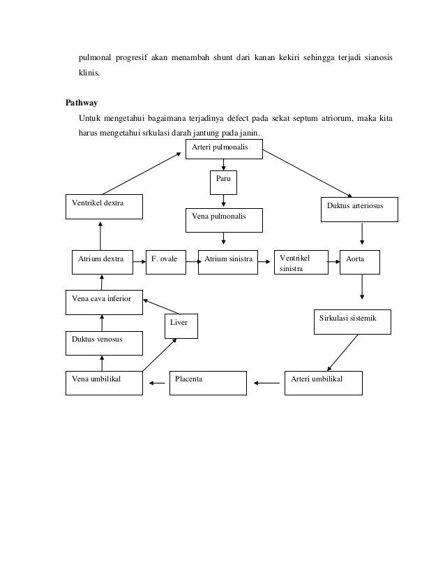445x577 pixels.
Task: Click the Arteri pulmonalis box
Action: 223,148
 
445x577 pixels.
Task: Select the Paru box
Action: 222,183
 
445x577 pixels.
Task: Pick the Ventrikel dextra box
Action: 104,207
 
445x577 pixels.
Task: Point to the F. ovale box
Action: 167,261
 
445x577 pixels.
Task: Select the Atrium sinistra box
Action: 227,261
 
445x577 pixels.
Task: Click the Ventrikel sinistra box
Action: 301,262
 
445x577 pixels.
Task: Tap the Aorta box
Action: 361,261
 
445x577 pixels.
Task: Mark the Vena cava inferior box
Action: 104,301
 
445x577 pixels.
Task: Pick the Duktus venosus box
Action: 104,342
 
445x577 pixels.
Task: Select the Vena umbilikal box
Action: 104,382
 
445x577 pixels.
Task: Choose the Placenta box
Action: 208,382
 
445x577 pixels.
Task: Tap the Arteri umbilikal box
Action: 324,382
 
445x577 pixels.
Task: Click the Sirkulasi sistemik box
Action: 352,322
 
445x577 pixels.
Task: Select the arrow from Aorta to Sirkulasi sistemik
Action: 361,286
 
